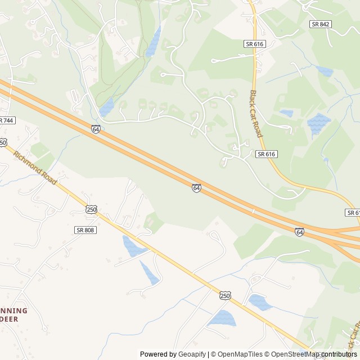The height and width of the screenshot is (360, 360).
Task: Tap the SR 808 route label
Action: click(85, 230)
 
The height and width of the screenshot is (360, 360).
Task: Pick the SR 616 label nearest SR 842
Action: click(254, 43)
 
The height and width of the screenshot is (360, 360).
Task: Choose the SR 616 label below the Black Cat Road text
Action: click(266, 154)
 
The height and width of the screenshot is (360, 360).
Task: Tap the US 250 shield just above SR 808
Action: click(91, 209)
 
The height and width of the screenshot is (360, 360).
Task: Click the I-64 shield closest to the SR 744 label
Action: click(96, 129)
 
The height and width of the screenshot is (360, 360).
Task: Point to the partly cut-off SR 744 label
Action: click(6, 120)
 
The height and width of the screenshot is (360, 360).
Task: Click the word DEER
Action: click(11, 319)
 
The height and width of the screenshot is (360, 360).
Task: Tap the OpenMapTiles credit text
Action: click(240, 354)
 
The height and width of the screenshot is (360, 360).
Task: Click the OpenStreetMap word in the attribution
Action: click(295, 354)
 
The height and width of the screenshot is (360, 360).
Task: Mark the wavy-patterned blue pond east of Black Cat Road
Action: click(319, 123)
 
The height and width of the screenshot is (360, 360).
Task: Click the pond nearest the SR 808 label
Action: click(133, 246)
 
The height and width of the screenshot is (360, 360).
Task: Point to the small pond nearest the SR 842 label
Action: click(324, 71)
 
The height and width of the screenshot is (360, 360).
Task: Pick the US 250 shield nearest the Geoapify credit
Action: click(225, 295)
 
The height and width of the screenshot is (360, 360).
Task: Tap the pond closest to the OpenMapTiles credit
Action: click(223, 319)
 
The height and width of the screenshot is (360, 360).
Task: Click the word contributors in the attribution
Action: click(340, 354)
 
